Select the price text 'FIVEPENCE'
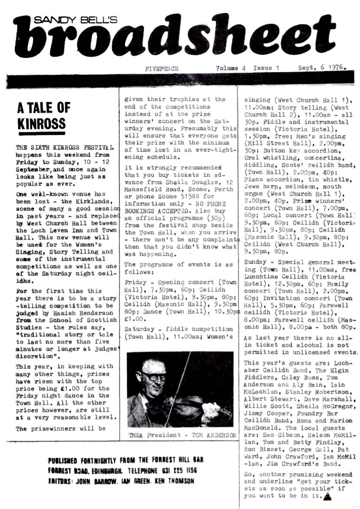pos(162,69)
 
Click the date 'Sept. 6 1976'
pos(322,68)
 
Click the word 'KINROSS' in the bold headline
pos(41,123)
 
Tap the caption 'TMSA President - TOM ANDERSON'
pos(183,435)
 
